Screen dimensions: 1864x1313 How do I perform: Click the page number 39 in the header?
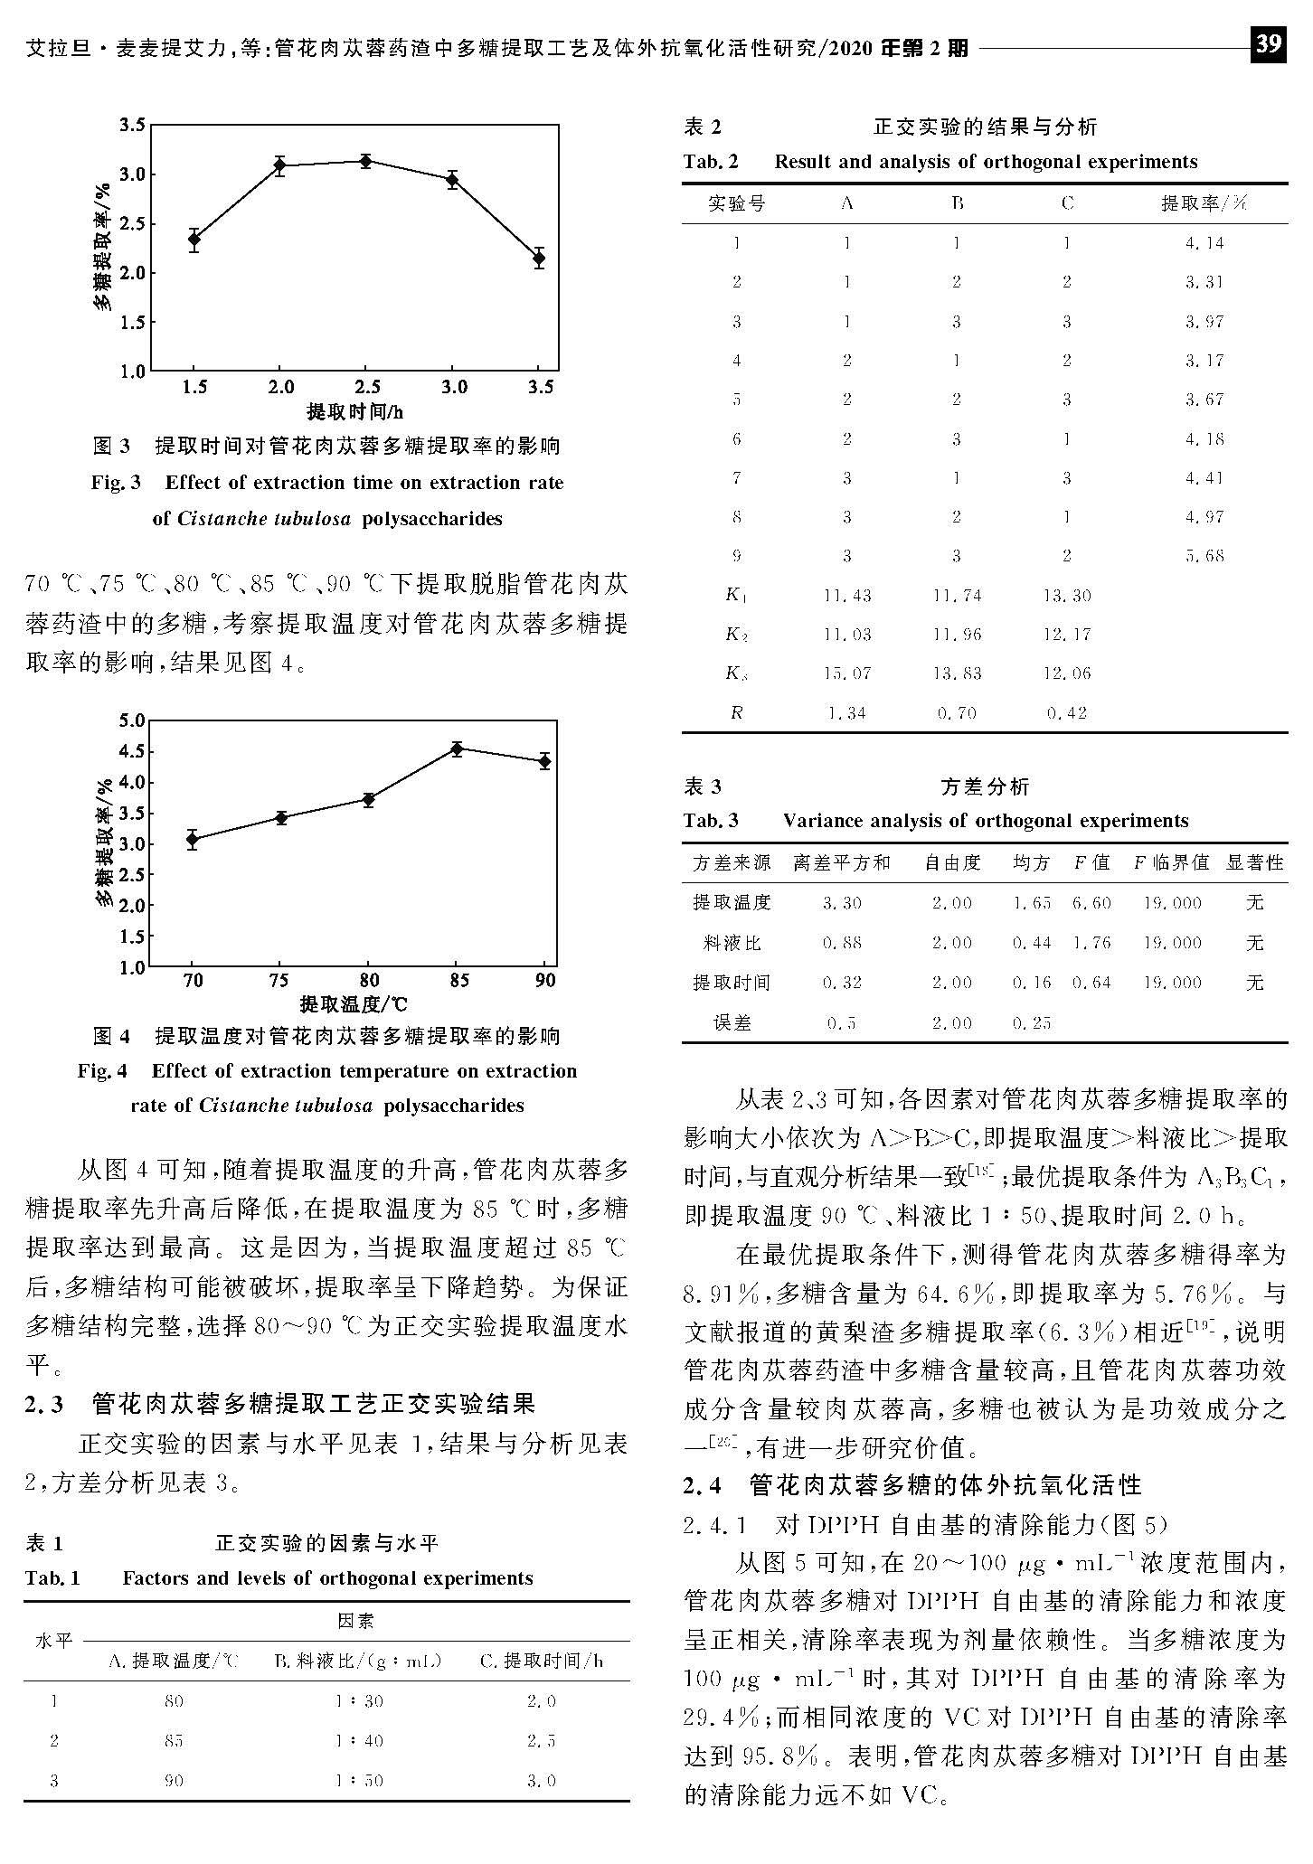[x=1268, y=43]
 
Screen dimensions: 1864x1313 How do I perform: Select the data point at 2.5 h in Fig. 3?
[x=366, y=162]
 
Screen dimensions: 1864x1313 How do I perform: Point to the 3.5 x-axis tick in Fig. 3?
[x=541, y=388]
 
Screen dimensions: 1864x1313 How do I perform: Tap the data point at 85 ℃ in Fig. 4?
[x=458, y=748]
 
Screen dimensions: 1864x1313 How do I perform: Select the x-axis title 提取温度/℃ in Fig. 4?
[x=354, y=1004]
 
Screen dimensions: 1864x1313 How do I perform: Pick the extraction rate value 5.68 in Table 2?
[x=1204, y=556]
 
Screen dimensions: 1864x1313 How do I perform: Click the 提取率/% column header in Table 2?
[x=1204, y=204]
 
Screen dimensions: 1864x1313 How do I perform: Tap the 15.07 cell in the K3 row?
[x=846, y=673]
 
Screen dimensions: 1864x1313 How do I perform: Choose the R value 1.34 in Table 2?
[x=846, y=713]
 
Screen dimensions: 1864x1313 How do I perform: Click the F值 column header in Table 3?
[x=1091, y=863]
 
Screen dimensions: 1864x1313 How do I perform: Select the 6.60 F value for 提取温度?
[x=1091, y=903]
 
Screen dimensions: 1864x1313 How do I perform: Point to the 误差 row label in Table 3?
[x=732, y=1023]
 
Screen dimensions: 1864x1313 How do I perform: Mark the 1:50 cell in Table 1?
[x=359, y=1781]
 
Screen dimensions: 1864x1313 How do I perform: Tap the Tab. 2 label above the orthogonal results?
[x=711, y=163]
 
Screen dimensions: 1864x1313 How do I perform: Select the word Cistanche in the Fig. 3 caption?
[x=217, y=519]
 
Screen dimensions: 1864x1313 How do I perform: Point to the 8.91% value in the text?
[x=718, y=1294]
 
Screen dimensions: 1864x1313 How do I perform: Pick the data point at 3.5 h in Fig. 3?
[x=539, y=259]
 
